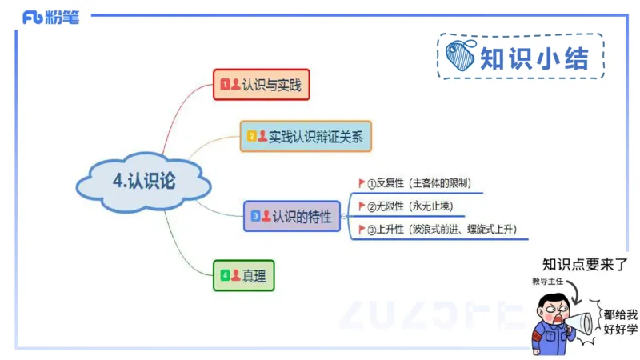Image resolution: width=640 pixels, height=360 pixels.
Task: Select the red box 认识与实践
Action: point(261,84)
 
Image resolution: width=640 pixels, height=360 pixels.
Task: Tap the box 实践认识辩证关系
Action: point(306,136)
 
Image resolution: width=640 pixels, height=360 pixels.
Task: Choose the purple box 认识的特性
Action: point(291,215)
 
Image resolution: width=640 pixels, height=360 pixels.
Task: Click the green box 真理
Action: point(244,276)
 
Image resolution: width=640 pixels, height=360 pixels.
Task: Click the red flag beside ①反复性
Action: point(362,183)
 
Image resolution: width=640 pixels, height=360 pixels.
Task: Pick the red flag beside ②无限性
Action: point(362,206)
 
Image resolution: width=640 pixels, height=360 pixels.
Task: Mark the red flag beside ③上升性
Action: point(362,230)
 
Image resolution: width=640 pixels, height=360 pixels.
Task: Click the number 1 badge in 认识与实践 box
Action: point(225,83)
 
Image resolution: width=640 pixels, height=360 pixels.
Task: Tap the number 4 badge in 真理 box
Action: point(225,276)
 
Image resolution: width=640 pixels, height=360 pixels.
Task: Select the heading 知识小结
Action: point(534,58)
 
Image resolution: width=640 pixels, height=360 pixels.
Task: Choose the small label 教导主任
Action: point(547,282)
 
